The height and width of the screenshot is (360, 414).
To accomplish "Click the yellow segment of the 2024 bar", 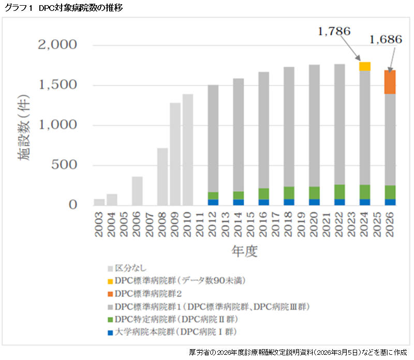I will coord(365,66).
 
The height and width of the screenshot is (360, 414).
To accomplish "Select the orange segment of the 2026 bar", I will coord(390,82).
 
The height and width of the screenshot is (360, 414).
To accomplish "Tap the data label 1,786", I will coord(333,32).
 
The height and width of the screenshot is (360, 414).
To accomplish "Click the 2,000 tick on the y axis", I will coord(58,46).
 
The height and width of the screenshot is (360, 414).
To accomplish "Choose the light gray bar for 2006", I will coord(137,191).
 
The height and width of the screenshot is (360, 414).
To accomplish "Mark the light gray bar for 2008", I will coord(162,176).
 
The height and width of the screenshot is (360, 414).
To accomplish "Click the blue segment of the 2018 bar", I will coord(289,202).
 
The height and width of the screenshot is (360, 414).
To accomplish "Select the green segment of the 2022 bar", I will coord(339,192).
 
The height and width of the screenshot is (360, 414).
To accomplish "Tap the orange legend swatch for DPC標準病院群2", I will coord(110,294).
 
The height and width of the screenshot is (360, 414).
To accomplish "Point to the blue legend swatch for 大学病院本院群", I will coord(110,332).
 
